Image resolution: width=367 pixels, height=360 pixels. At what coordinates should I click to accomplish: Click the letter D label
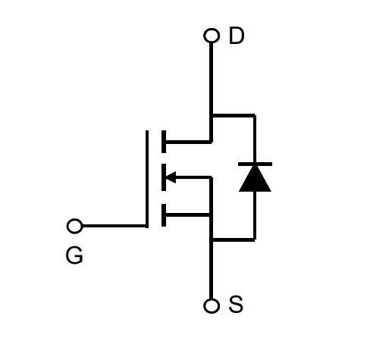coord(237,36)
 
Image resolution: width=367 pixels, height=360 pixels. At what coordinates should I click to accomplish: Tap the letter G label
coord(74,255)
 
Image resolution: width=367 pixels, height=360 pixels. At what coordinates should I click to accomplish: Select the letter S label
coord(236,304)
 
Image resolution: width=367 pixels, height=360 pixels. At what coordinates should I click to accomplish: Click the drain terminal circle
coord(212,36)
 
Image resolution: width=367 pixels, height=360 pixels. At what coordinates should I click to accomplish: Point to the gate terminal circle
coord(74,226)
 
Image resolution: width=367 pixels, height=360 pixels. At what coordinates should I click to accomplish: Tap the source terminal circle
coord(212,305)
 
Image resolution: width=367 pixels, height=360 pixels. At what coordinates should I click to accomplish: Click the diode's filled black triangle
coord(255,179)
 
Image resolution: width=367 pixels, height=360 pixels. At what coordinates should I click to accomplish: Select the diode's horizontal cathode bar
coord(255,164)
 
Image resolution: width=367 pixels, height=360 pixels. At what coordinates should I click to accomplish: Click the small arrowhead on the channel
coord(171,177)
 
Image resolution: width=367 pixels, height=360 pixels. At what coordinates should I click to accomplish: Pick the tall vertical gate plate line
coord(147,179)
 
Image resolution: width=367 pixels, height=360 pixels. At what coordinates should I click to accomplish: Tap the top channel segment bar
coord(164,142)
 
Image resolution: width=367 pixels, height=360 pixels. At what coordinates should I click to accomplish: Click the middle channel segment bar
coord(164,177)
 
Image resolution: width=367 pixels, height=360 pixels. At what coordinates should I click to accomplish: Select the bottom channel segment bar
coord(164,215)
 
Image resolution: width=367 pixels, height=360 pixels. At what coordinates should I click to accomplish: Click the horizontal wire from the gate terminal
coord(114,226)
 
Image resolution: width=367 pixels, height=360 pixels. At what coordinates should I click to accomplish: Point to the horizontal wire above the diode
coord(234,116)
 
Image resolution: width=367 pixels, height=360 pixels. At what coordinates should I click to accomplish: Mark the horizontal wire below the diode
coord(234,239)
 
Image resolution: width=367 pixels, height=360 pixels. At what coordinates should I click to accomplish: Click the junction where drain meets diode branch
coord(212,116)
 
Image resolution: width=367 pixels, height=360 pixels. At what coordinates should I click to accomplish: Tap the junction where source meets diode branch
coord(212,239)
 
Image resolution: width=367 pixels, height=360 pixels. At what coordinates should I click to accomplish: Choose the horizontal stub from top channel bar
coord(187,142)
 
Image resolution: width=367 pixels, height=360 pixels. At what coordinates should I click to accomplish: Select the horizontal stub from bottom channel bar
coord(187,215)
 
